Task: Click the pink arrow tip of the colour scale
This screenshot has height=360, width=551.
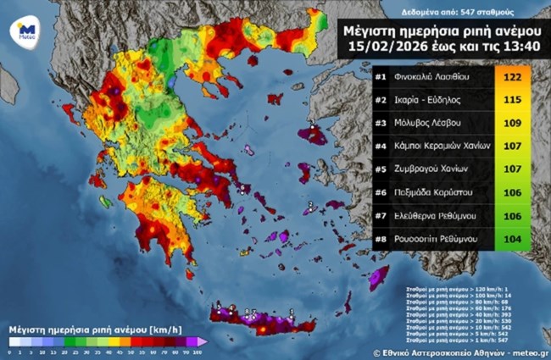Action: tap(203, 341)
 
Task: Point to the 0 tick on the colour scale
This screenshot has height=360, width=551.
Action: tap(8, 351)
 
